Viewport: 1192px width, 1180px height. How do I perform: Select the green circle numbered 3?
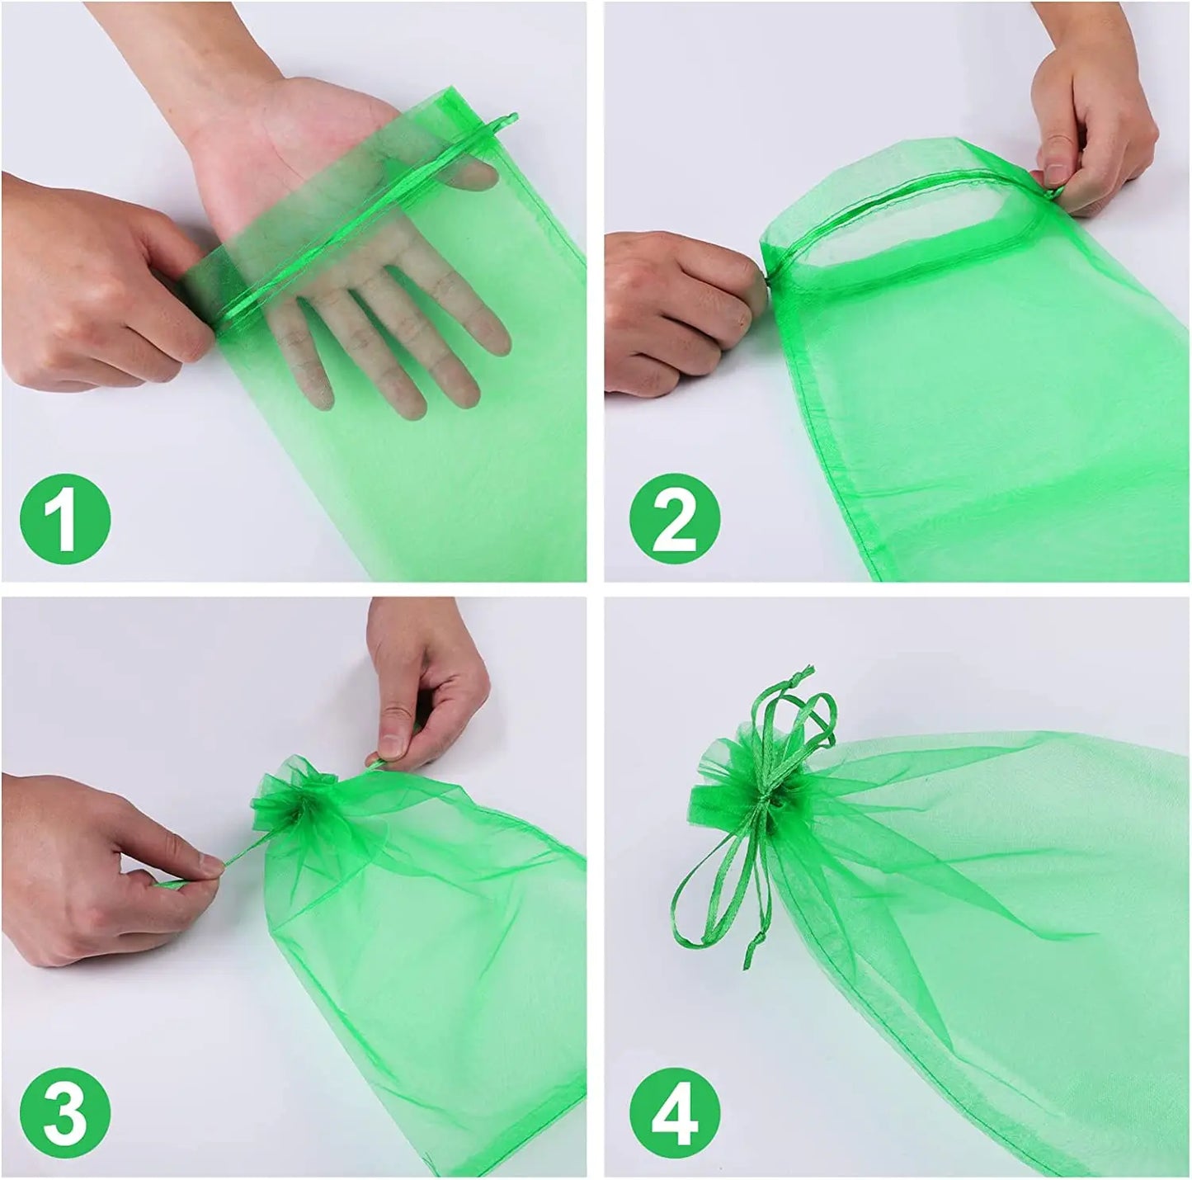[x=65, y=1112]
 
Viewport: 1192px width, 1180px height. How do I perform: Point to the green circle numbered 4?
[x=674, y=1112]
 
